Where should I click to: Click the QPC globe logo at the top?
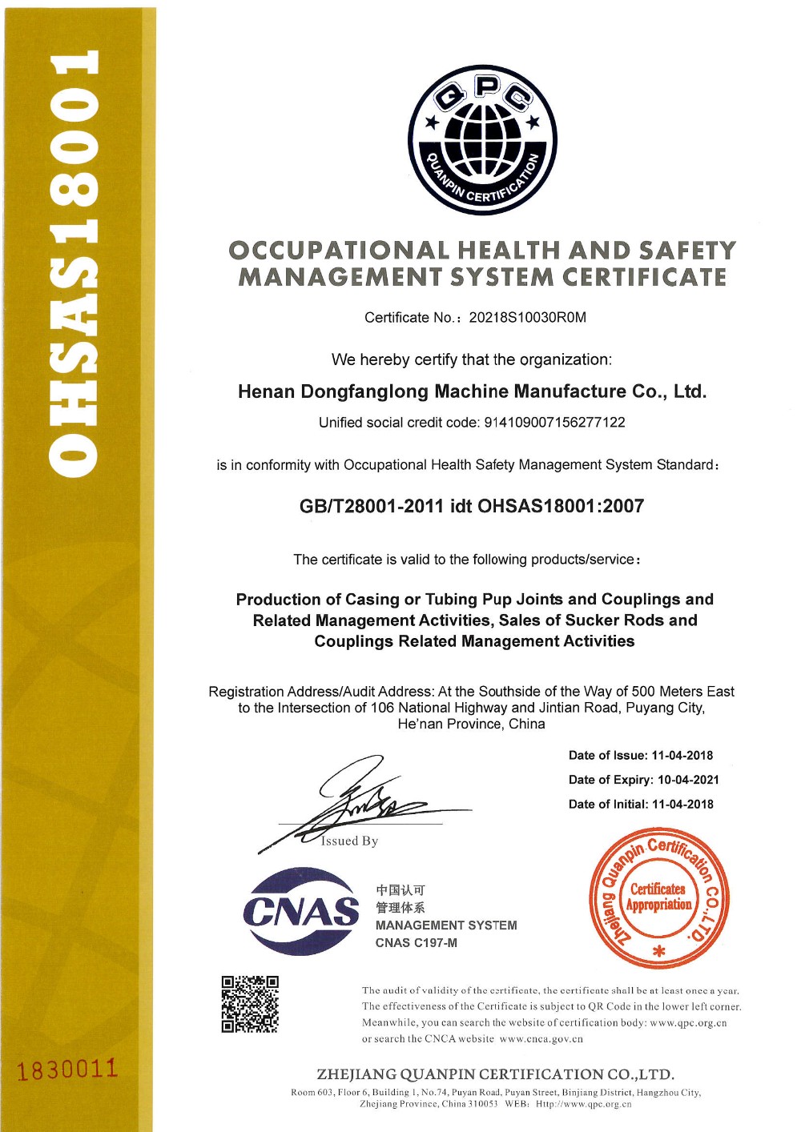482,140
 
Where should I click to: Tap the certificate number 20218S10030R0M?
527,318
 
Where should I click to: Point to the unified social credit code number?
554,423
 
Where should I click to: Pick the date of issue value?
682,756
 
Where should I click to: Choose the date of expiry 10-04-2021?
688,780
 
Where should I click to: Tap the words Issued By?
349,841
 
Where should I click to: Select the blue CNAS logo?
301,911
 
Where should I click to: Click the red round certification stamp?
658,899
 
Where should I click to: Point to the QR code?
250,1004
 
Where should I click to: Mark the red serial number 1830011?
67,1070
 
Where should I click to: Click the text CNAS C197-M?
417,943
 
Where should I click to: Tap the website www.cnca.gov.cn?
541,1039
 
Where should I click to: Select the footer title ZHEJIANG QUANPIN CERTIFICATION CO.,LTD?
495,1074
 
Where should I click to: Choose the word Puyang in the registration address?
626,708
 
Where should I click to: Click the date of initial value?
682,805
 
